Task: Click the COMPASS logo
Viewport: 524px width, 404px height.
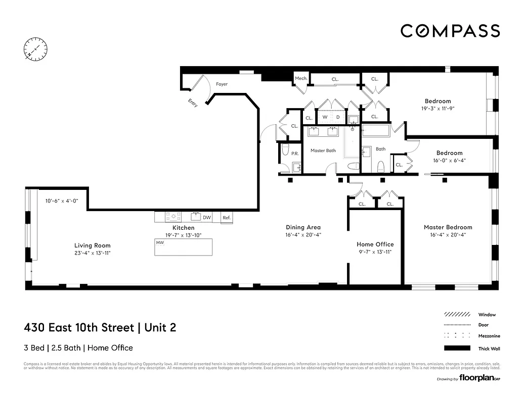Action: pos(450,31)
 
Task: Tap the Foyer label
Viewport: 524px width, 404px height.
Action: pos(222,84)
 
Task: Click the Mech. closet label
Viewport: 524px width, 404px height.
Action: pos(301,78)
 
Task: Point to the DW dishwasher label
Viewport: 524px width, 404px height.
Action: pos(207,218)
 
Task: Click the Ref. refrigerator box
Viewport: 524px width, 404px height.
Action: pos(227,218)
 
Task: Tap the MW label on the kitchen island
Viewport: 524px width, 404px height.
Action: pos(160,243)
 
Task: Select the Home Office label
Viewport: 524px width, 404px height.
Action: pos(375,244)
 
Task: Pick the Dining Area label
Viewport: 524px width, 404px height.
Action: pos(303,227)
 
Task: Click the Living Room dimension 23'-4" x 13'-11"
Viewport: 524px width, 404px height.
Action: pos(92,252)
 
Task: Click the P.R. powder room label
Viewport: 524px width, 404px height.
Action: pos(294,153)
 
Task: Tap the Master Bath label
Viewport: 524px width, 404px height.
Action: pos(323,150)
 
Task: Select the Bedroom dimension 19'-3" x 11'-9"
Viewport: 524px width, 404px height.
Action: pos(438,108)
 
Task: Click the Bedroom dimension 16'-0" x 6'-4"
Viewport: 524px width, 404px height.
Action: pos(449,161)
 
